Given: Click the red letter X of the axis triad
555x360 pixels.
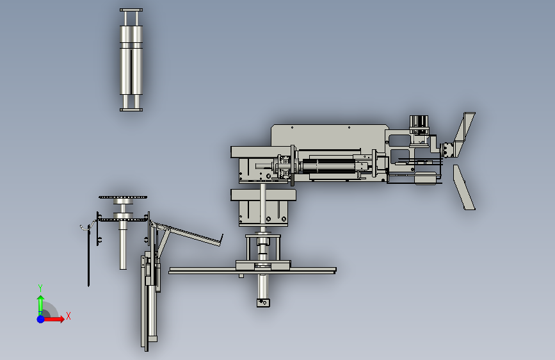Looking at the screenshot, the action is [68, 316].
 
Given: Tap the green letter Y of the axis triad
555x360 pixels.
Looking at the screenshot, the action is [40, 288].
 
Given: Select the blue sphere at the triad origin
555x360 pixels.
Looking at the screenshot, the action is [41, 319].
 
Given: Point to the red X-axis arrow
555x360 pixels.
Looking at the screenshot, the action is [54, 319].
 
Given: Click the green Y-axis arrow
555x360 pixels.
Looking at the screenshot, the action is [41, 305].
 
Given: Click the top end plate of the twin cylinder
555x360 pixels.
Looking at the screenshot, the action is [131, 10].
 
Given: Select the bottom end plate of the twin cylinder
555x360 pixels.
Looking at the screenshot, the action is [131, 110].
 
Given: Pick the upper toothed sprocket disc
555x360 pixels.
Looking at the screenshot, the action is [123, 197].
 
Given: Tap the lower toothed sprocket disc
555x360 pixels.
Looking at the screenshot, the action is [123, 220].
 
